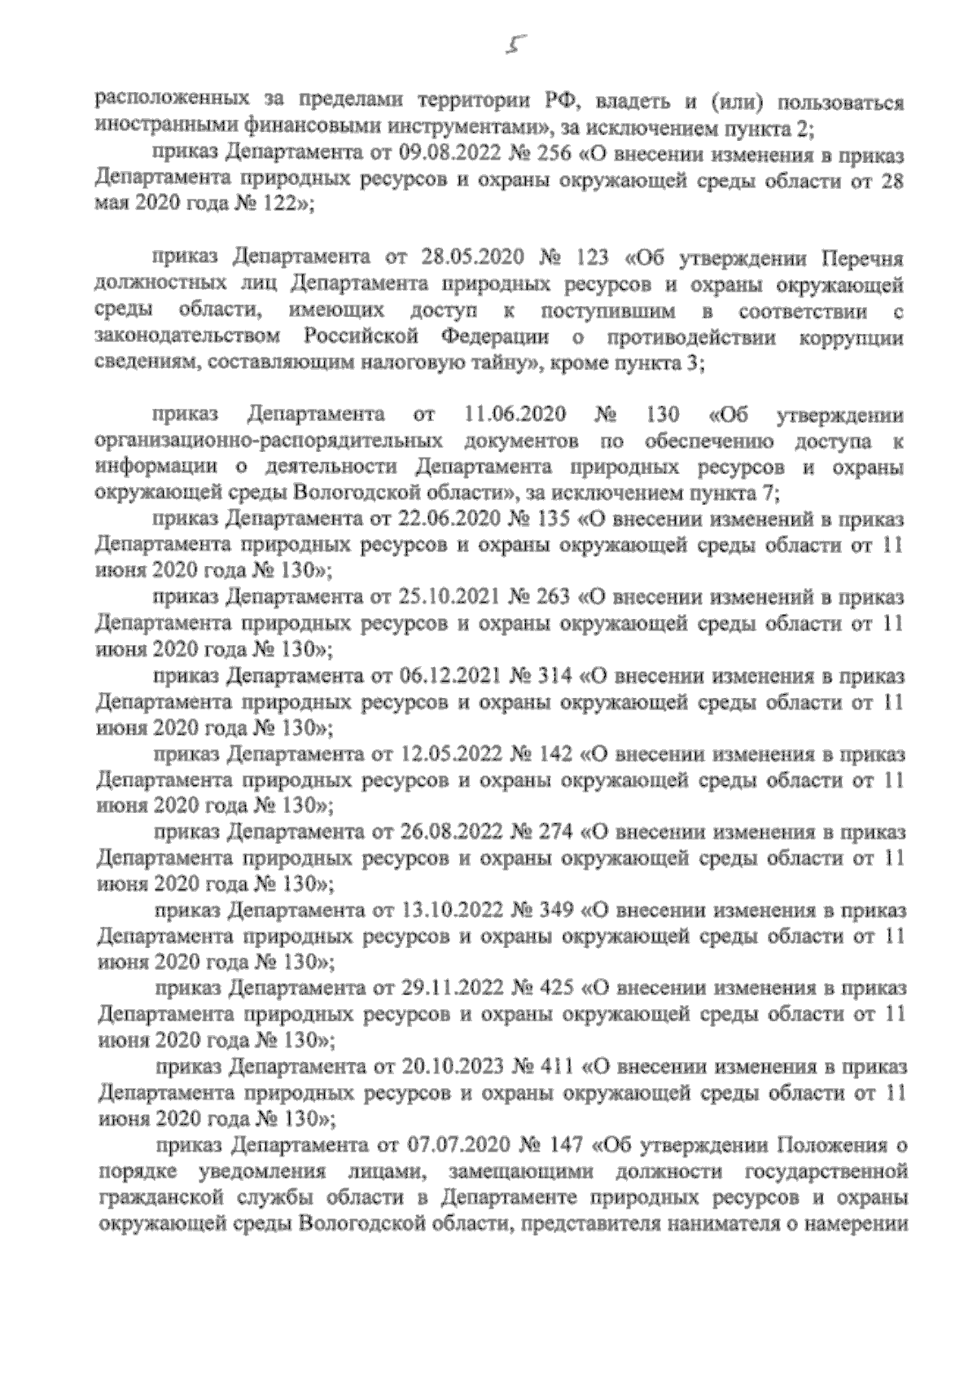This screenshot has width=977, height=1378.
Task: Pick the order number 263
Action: click(554, 597)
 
